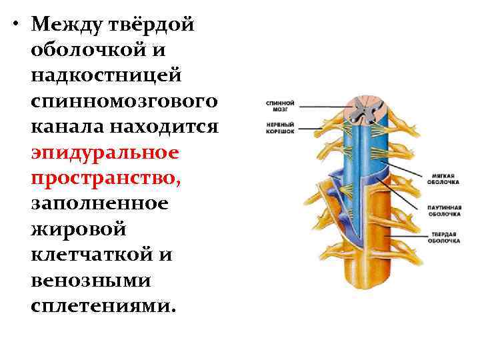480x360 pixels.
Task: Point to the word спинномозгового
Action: (123, 101)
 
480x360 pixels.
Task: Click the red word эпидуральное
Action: (105, 152)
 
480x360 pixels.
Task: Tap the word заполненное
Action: (101, 203)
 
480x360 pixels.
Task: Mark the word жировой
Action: (79, 229)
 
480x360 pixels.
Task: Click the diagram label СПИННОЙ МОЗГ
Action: (281, 107)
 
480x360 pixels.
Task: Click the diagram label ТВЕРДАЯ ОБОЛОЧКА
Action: (443, 238)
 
